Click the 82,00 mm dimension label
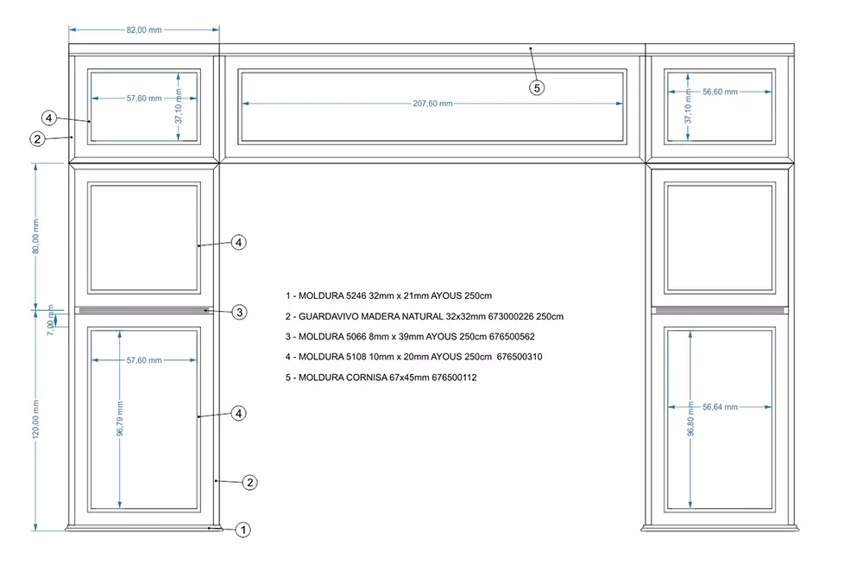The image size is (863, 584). (x=144, y=29)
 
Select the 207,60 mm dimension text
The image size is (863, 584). (x=432, y=104)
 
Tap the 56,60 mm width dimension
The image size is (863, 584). (x=720, y=92)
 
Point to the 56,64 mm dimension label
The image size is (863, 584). (x=720, y=407)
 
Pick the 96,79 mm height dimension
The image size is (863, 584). (x=120, y=419)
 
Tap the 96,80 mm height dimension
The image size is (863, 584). (x=690, y=419)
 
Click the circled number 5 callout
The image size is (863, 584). (x=537, y=87)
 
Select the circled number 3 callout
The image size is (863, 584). (x=240, y=312)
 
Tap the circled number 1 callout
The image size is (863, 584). (x=243, y=530)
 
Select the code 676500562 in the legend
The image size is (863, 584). (x=508, y=337)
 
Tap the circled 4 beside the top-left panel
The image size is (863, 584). (x=49, y=117)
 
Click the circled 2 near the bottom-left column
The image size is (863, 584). (x=249, y=482)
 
